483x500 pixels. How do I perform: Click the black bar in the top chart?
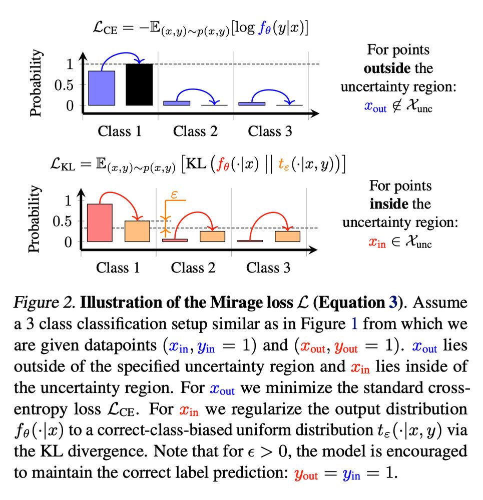point(139,84)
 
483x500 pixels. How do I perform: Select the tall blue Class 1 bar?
point(102,88)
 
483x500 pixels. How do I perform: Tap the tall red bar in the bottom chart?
point(100,222)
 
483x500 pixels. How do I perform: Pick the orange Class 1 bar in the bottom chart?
point(137,231)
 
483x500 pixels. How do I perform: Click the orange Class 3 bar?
point(287,236)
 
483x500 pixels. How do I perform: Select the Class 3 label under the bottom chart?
point(268,267)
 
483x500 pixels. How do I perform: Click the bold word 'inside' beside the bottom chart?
point(386,204)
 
